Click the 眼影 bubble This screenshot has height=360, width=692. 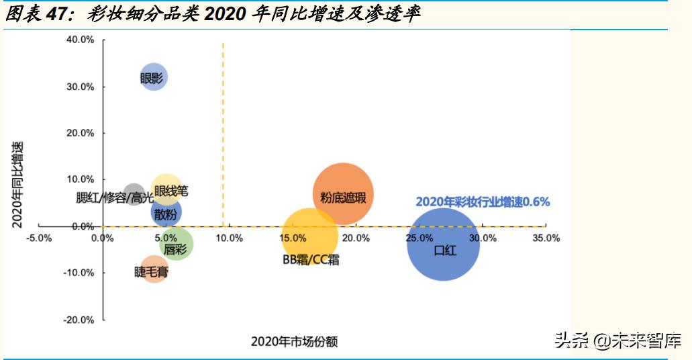pyautogui.click(x=153, y=78)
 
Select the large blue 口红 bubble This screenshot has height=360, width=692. pyautogui.click(x=443, y=244)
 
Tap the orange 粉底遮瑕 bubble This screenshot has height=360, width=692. pyautogui.click(x=343, y=195)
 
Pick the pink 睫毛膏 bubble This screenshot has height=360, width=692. pyautogui.click(x=154, y=270)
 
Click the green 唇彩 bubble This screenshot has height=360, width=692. pyautogui.click(x=177, y=244)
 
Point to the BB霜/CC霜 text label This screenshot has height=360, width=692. pyautogui.click(x=311, y=259)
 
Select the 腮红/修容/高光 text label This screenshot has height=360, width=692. pyautogui.click(x=115, y=197)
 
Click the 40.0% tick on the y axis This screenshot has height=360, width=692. pyautogui.click(x=80, y=40)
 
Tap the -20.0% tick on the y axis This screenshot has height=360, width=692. pyautogui.click(x=79, y=320)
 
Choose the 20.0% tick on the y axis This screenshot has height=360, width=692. pyautogui.click(x=80, y=133)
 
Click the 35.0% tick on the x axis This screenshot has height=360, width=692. pyautogui.click(x=545, y=238)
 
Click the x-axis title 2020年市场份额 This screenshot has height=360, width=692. pyautogui.click(x=294, y=341)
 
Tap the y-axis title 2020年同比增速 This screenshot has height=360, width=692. pyautogui.click(x=18, y=185)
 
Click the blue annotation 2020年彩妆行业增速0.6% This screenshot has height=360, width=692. pyautogui.click(x=483, y=201)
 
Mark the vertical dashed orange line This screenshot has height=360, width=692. pyautogui.click(x=223, y=134)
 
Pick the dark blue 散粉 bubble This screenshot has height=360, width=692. pyautogui.click(x=166, y=214)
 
